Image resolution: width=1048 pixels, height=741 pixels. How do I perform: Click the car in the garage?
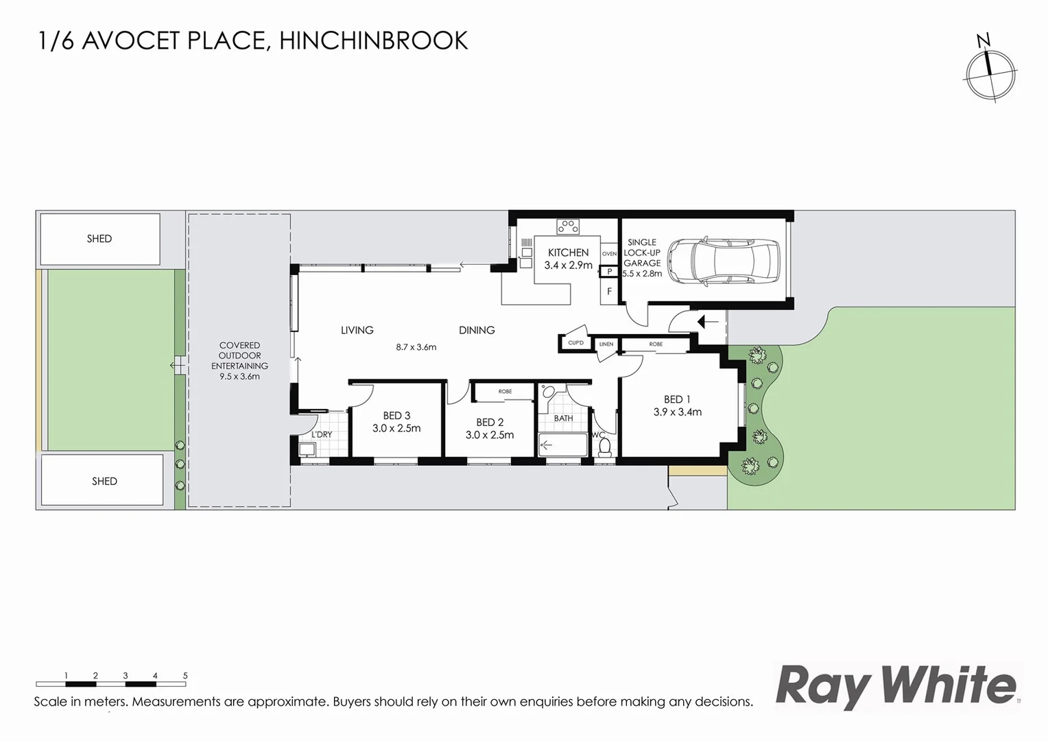pyautogui.click(x=724, y=261)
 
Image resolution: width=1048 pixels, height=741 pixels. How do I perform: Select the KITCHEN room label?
pyautogui.click(x=568, y=252)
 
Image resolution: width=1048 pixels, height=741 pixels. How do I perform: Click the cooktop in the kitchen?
pyautogui.click(x=568, y=226)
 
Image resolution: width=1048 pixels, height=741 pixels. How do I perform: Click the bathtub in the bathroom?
pyautogui.click(x=562, y=445)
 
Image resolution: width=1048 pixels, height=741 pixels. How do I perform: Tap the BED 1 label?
pyautogui.click(x=677, y=399)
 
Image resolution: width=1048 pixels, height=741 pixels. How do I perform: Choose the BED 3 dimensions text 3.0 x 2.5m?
pyautogui.click(x=396, y=428)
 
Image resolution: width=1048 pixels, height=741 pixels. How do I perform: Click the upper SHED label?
pyautogui.click(x=99, y=239)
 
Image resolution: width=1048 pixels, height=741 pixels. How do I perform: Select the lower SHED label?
pyautogui.click(x=104, y=481)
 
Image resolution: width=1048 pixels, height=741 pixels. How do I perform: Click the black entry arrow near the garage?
pyautogui.click(x=706, y=321)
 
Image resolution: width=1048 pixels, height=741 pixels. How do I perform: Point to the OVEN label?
pyautogui.click(x=609, y=254)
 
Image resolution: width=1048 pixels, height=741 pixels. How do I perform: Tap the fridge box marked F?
pyautogui.click(x=609, y=292)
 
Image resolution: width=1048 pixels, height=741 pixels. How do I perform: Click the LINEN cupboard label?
pyautogui.click(x=606, y=344)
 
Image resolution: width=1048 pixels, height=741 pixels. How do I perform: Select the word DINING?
pyautogui.click(x=477, y=330)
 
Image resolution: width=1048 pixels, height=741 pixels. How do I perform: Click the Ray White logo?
pyautogui.click(x=896, y=686)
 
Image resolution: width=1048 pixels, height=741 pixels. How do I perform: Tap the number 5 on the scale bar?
pyautogui.click(x=185, y=676)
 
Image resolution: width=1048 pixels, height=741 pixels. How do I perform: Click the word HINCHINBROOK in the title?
pyautogui.click(x=374, y=41)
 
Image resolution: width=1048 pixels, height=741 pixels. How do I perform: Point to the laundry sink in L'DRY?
pyautogui.click(x=306, y=450)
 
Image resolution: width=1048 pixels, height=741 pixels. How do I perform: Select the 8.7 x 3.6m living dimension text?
pyautogui.click(x=416, y=347)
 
